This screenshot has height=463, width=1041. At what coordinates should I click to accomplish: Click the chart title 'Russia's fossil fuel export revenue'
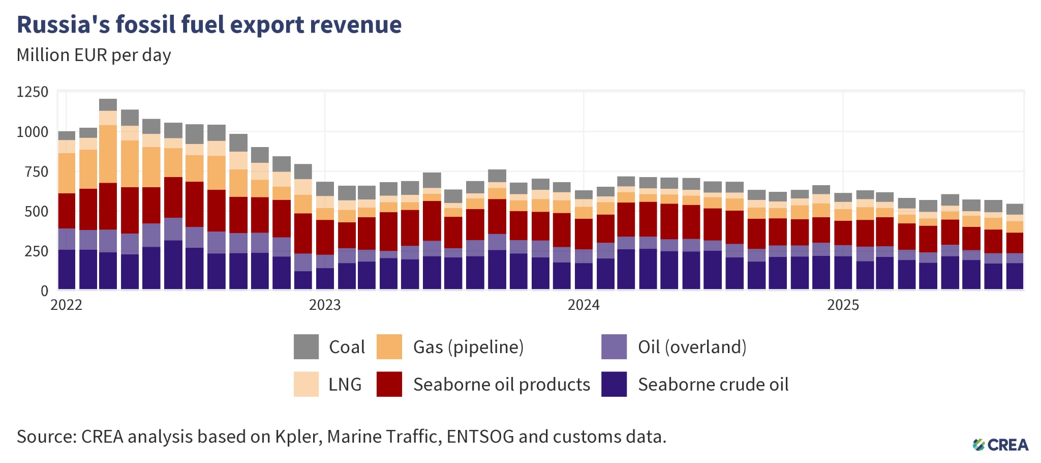(209, 24)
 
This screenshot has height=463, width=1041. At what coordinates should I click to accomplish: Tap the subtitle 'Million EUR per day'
(94, 55)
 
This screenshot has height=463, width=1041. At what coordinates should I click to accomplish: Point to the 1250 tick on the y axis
(33, 92)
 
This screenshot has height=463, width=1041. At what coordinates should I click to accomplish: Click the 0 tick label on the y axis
(44, 291)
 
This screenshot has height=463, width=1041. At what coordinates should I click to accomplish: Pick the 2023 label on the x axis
(325, 305)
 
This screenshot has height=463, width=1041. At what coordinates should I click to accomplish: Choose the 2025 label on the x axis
(843, 305)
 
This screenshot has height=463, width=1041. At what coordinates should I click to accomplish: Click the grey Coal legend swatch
(306, 346)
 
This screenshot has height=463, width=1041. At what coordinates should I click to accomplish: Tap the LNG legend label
(345, 384)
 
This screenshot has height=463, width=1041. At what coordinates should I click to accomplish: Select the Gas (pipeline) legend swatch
(389, 346)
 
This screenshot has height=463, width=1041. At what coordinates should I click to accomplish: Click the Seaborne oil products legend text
(501, 384)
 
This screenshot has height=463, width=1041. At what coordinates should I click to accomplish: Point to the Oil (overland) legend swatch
(614, 346)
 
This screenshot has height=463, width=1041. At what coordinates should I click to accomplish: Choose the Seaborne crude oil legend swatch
(614, 384)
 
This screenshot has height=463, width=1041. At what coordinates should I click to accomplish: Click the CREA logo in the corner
(1000, 445)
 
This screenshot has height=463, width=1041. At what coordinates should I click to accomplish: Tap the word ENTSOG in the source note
(480, 437)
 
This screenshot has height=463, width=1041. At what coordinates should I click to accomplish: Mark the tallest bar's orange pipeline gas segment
(108, 154)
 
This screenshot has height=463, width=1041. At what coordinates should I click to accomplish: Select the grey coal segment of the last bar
(1015, 209)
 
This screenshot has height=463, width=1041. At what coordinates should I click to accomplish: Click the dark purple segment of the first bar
(67, 269)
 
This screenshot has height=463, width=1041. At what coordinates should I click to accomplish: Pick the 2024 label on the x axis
(584, 305)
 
